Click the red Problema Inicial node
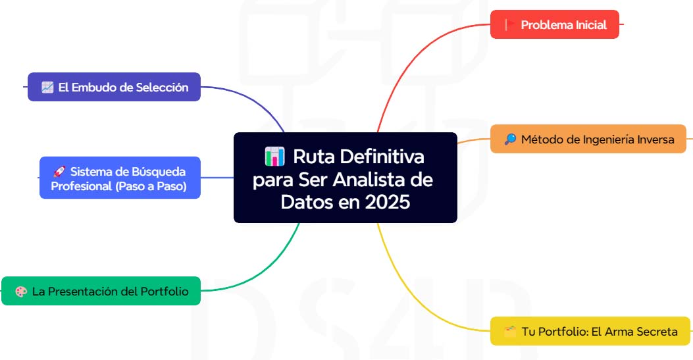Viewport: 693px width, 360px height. point(555,25)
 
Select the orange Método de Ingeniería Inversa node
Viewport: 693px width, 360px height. point(588,140)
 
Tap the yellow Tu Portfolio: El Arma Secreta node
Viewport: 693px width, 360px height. point(590,331)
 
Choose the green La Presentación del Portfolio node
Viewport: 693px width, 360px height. point(101,291)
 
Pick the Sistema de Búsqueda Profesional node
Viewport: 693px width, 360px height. point(120,178)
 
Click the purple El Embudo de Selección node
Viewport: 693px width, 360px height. point(114,87)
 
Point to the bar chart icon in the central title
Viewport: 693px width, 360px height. point(274,157)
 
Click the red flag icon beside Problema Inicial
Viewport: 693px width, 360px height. point(509,25)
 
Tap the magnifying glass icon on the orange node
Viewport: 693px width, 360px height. point(510,140)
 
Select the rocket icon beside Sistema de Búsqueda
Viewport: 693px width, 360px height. point(59,172)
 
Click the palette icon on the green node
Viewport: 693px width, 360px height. point(20,291)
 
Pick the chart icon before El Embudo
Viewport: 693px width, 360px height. point(47,87)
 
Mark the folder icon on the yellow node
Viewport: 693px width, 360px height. point(510,331)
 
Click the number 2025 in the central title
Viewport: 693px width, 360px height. point(383,202)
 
